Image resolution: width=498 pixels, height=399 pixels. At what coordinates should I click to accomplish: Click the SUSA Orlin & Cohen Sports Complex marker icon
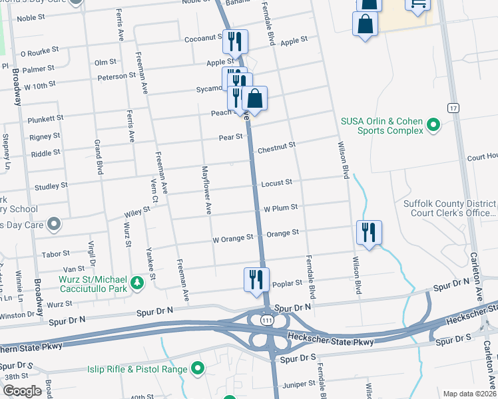point(433,125)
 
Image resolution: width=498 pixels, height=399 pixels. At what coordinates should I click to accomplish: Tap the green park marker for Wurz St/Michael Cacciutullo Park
point(137,283)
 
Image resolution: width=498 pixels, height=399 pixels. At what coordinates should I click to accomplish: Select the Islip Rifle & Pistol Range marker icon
point(197,368)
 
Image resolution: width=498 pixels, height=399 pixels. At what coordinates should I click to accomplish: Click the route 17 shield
point(453,108)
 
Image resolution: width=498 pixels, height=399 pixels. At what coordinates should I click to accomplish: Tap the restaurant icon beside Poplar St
point(256,279)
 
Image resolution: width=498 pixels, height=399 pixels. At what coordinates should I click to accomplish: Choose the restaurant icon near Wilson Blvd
point(369,232)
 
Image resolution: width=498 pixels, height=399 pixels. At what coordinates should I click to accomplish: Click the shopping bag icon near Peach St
point(254,98)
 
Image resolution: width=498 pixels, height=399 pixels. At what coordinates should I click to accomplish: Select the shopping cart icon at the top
point(417,5)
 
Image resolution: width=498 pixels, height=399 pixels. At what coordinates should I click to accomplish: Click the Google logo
point(22,390)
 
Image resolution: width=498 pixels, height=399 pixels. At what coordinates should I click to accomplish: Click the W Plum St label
point(280,207)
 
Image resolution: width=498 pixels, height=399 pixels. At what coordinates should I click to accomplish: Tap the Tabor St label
point(56,253)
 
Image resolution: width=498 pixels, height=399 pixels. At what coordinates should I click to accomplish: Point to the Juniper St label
point(300,384)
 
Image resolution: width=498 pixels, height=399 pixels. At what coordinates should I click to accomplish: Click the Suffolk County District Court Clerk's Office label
point(449,208)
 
